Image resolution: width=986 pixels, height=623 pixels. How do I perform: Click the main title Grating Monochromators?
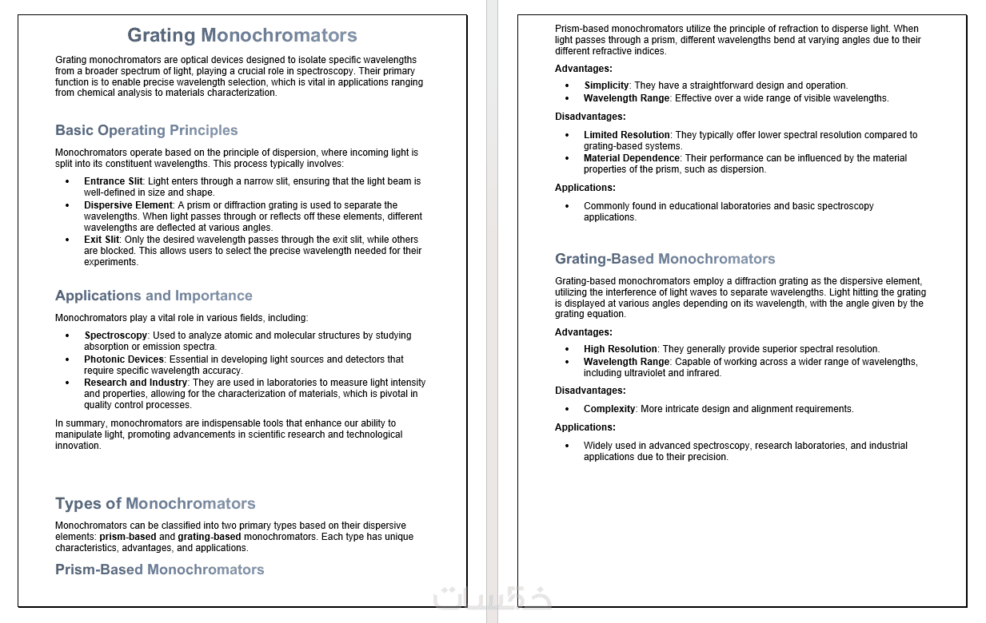point(242,35)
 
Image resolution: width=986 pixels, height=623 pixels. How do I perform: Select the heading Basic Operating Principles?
point(146,130)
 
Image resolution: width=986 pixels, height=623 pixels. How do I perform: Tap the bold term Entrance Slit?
point(113,181)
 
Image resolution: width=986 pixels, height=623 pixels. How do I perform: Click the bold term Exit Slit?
point(102,240)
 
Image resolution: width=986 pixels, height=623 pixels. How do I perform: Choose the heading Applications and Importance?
point(154,296)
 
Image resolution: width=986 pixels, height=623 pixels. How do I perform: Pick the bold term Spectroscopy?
point(116,335)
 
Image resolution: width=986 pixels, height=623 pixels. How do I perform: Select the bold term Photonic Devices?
point(124,359)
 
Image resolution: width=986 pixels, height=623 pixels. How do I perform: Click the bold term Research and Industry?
point(135,383)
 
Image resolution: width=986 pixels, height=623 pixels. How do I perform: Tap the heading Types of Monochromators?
point(155,503)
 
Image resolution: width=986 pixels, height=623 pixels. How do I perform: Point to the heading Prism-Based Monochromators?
point(159,569)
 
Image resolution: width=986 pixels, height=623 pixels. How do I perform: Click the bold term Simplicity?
point(607,85)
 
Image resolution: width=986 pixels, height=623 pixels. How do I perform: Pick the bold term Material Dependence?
point(631,158)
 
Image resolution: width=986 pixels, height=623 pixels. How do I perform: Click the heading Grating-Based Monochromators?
point(665,259)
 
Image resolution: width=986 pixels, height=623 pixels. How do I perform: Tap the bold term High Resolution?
point(620,349)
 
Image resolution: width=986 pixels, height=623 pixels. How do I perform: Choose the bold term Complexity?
point(609,409)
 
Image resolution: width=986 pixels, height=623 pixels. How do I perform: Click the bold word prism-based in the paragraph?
point(128,537)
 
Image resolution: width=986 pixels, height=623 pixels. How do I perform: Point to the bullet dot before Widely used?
point(567,446)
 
